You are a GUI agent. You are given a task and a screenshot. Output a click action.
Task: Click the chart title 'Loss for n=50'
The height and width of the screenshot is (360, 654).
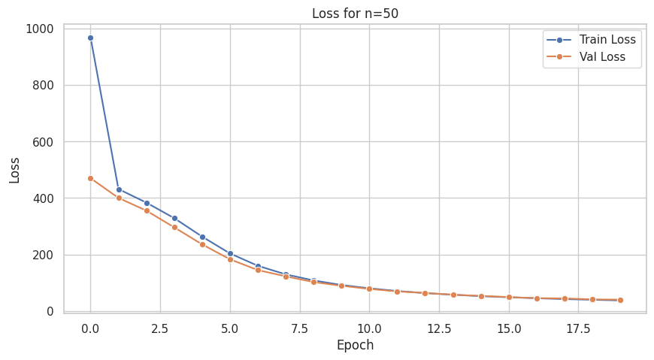click(355, 13)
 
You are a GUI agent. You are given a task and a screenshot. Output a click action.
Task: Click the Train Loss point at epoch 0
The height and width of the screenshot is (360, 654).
click(90, 38)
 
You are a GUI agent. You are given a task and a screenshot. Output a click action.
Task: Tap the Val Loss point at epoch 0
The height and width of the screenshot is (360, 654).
click(90, 178)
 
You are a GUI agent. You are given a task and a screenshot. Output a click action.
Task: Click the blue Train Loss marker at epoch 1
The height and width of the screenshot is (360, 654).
click(119, 189)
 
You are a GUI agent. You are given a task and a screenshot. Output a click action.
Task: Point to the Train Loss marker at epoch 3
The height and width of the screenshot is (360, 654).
click(174, 218)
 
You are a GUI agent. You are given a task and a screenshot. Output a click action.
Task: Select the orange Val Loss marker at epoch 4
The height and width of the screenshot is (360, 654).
click(202, 244)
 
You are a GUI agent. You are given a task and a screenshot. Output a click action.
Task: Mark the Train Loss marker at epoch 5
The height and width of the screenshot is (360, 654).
click(230, 253)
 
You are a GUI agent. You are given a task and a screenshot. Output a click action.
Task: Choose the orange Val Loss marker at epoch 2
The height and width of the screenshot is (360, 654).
click(147, 210)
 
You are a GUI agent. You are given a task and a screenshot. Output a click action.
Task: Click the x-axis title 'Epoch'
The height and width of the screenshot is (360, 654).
click(355, 346)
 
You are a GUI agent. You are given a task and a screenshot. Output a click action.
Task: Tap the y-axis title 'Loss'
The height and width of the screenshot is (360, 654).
click(15, 170)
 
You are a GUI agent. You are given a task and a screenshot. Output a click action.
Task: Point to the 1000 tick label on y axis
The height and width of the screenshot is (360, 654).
click(38, 29)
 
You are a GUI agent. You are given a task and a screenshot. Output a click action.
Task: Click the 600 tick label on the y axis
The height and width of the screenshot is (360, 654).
click(42, 142)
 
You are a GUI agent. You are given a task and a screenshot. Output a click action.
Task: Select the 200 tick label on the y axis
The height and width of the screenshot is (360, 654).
click(42, 255)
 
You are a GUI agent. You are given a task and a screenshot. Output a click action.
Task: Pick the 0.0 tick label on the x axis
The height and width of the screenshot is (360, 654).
click(90, 328)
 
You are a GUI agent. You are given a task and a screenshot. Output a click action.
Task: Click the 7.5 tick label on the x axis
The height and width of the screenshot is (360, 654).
click(300, 328)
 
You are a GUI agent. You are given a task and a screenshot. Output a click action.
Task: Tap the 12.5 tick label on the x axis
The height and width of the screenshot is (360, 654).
click(439, 328)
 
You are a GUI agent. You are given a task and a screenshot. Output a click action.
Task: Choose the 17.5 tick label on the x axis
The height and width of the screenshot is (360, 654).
click(578, 328)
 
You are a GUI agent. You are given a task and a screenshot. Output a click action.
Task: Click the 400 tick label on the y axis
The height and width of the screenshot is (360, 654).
click(42, 198)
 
